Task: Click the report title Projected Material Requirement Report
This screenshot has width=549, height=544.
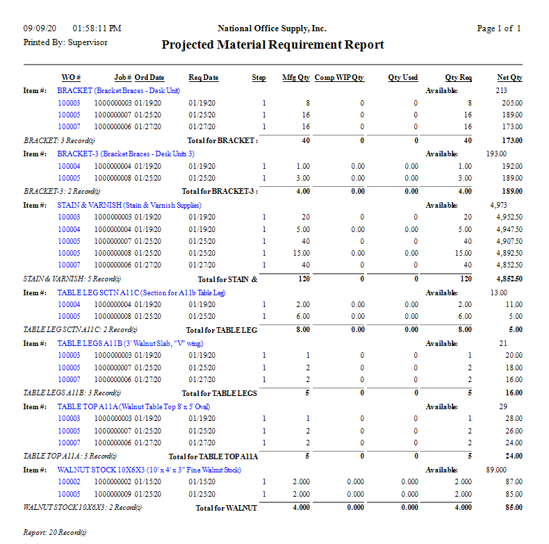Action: pyautogui.click(x=272, y=45)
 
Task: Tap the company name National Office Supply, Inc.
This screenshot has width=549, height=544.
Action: pyautogui.click(x=272, y=28)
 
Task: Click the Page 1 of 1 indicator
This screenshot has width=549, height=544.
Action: pyautogui.click(x=498, y=28)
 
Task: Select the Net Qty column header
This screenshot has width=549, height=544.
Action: pyautogui.click(x=509, y=78)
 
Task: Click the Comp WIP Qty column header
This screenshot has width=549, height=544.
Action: pyautogui.click(x=339, y=78)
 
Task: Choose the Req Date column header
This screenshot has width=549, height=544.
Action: pyautogui.click(x=203, y=78)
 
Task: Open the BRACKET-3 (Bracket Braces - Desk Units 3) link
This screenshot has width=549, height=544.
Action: pyautogui.click(x=126, y=154)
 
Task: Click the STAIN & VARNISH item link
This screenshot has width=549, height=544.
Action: pyautogui.click(x=129, y=206)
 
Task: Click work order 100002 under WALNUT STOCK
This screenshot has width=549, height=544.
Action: pyautogui.click(x=69, y=482)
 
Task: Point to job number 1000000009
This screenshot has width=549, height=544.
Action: pyautogui.click(x=113, y=495)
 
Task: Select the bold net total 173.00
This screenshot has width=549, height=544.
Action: pyautogui.click(x=511, y=140)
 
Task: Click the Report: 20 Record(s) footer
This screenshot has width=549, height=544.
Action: pyautogui.click(x=55, y=533)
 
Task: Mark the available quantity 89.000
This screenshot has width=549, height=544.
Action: pyautogui.click(x=496, y=470)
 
